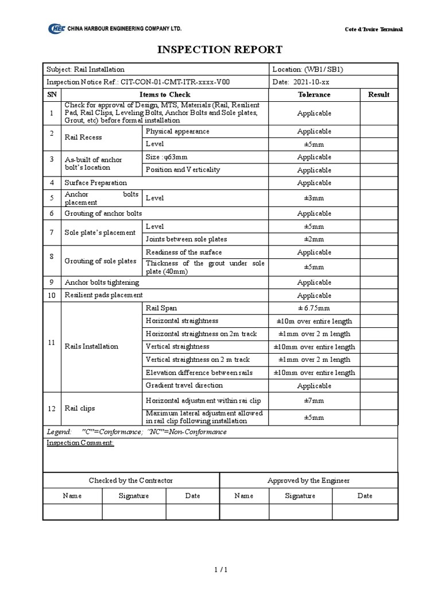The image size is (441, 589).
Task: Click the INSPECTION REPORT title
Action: pyautogui.click(x=220, y=49)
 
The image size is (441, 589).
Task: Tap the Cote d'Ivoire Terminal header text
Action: pyautogui.click(x=373, y=29)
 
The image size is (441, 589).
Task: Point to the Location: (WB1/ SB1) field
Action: pyautogui.click(x=308, y=69)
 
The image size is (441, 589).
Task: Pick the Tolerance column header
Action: pyautogui.click(x=314, y=94)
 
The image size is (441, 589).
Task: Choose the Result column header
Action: pyautogui.click(x=378, y=94)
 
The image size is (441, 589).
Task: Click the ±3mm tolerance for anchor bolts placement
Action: pyautogui.click(x=314, y=198)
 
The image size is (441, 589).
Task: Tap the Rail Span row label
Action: pyautogui.click(x=161, y=308)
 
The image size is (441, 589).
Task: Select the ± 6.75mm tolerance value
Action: pyautogui.click(x=314, y=308)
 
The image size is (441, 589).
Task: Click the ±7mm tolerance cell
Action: pyautogui.click(x=314, y=400)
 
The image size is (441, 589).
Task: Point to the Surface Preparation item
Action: pyautogui.click(x=96, y=183)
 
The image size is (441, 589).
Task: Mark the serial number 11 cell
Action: pyautogui.click(x=52, y=342)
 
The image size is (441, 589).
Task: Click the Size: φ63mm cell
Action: pyautogui.click(x=166, y=156)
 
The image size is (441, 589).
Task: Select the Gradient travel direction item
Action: pyautogui.click(x=184, y=385)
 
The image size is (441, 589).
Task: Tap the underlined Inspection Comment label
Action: pyautogui.click(x=80, y=443)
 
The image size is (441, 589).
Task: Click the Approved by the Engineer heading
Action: pyautogui.click(x=308, y=480)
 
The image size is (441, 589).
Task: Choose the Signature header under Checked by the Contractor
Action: pyautogui.click(x=134, y=496)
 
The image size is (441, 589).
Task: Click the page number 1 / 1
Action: pyautogui.click(x=220, y=570)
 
